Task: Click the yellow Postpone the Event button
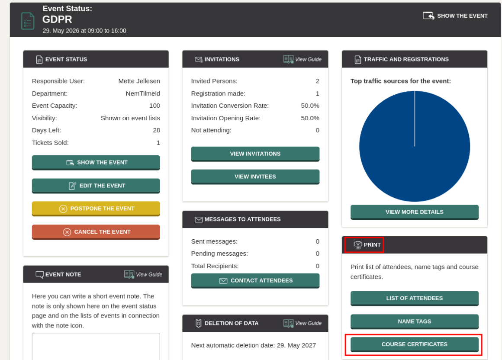(x=96, y=209)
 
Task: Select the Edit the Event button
(x=96, y=186)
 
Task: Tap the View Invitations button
(x=255, y=154)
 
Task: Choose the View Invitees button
(x=255, y=177)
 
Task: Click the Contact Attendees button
(x=255, y=281)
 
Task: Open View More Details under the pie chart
(x=414, y=212)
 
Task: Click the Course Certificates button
(x=414, y=344)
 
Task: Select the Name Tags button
(x=414, y=321)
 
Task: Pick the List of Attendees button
(x=414, y=298)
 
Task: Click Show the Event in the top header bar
(x=455, y=16)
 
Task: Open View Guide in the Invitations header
(x=302, y=59)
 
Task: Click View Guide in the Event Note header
(x=143, y=274)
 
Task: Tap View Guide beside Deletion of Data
(x=302, y=323)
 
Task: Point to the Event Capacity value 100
(x=154, y=106)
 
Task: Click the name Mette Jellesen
(x=139, y=81)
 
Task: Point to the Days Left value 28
(x=157, y=130)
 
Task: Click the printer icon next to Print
(x=357, y=245)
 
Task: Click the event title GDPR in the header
(x=57, y=19)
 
